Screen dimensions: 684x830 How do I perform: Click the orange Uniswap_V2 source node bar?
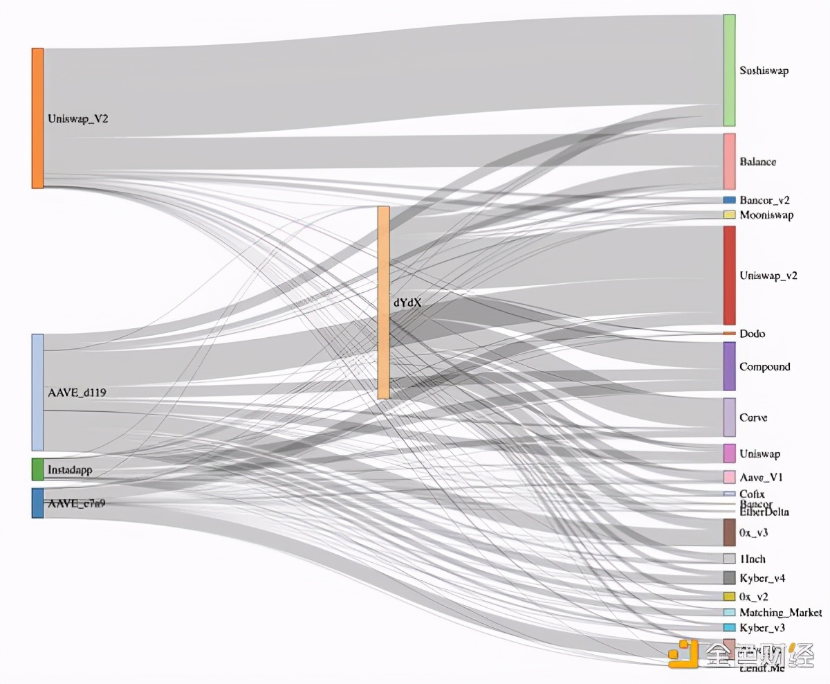(37, 118)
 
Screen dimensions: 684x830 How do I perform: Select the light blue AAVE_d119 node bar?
(37, 393)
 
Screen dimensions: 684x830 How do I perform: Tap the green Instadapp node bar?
(37, 469)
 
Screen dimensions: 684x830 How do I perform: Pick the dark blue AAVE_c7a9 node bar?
(37, 503)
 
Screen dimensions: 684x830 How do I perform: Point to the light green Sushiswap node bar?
(729, 70)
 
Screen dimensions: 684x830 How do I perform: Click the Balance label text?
(757, 162)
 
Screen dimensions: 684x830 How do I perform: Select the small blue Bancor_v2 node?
(729, 200)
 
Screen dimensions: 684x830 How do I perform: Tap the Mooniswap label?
(766, 215)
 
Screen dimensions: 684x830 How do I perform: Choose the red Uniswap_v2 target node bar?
(729, 275)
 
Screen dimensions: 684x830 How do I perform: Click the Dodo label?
(752, 334)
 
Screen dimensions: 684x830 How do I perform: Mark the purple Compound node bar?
(729, 366)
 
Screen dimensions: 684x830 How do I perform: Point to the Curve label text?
(753, 418)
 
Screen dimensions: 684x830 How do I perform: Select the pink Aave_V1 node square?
(729, 477)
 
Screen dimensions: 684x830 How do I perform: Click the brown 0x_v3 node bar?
(729, 532)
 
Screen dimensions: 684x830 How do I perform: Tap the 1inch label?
(753, 559)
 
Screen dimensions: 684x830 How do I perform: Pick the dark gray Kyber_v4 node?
(729, 577)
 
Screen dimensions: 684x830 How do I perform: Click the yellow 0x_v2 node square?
(729, 596)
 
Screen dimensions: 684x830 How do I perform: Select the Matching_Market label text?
(780, 613)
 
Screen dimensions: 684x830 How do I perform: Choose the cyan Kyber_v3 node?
(729, 627)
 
